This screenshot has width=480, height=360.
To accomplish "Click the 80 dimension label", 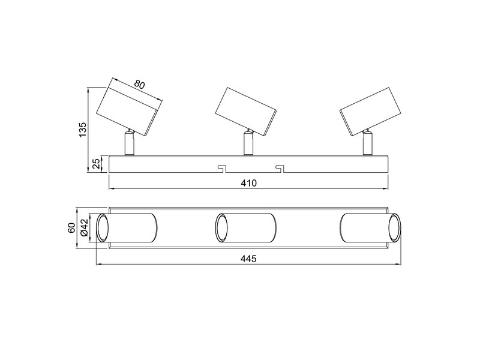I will tap(140, 85).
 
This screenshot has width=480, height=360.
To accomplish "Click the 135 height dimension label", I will tap(84, 128).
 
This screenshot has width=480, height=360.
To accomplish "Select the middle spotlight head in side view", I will tap(247, 109).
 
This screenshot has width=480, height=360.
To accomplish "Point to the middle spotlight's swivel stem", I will tap(247, 143).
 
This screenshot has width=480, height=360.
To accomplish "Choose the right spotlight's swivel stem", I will tap(367, 143).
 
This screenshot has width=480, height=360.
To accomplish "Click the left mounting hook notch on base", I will tap(220, 167).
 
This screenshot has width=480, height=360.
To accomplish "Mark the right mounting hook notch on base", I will tap(279, 167).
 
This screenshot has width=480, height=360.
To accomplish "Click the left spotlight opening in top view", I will tap(103, 229).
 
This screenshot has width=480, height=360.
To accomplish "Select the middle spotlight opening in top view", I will tap(222, 229).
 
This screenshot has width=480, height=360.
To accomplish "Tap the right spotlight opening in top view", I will tap(394, 229).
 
